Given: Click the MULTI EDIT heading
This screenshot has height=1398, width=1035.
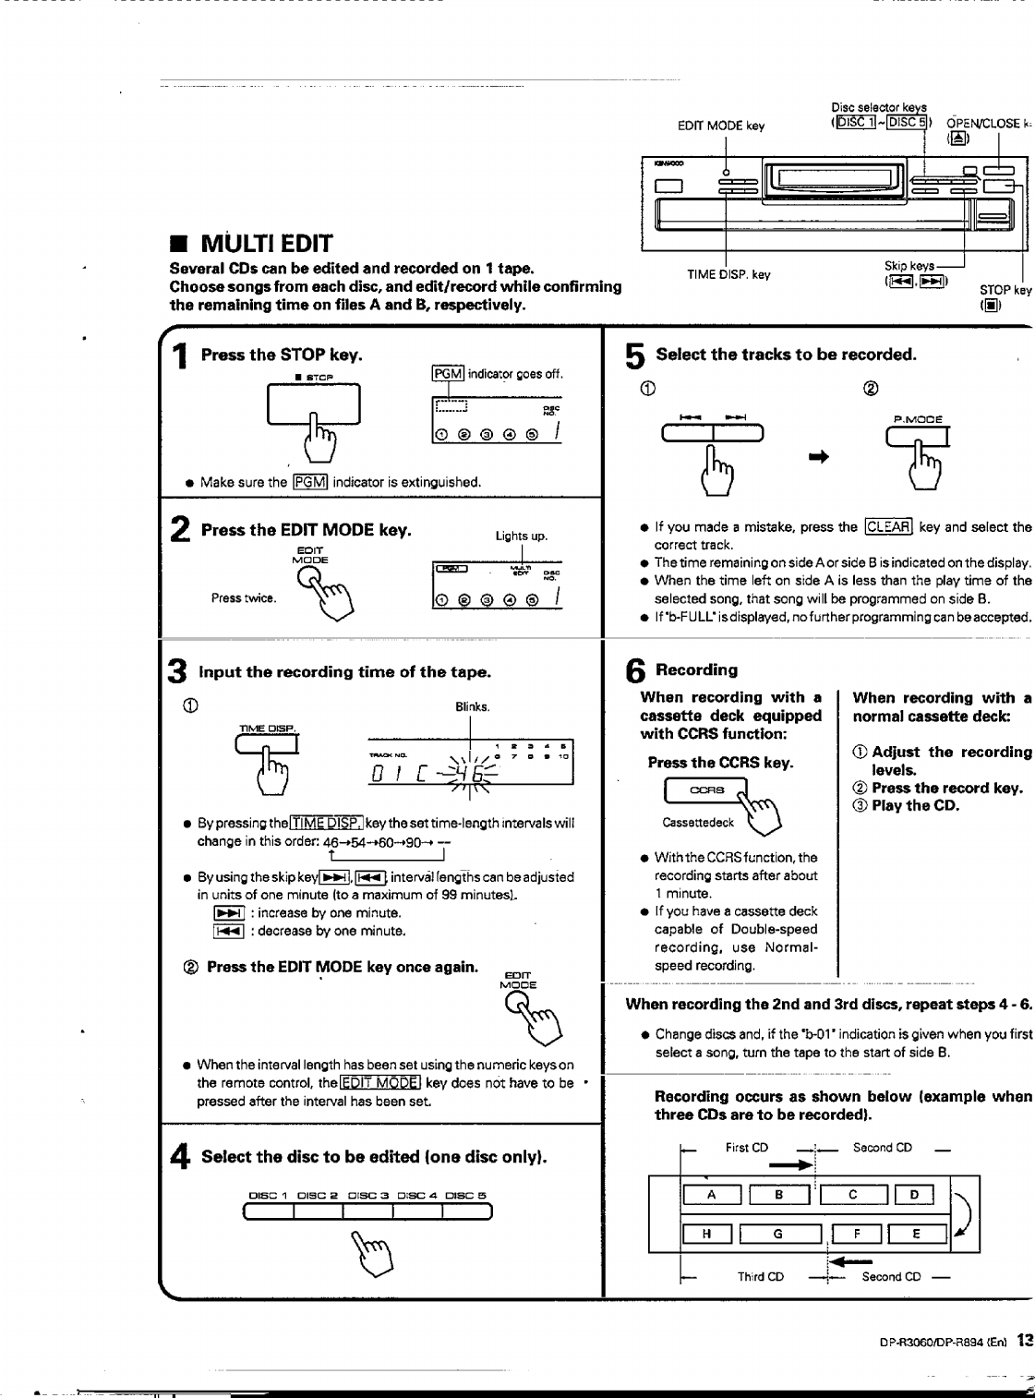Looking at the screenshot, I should pos(266,245).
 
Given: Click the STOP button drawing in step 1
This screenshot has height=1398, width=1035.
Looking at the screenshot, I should pos(313,404).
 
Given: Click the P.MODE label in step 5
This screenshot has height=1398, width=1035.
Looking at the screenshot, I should pos(917,418).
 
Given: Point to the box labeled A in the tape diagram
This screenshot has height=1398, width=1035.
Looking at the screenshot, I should pos(711,1195).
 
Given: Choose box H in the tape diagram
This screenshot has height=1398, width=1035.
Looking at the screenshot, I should pos(706,1233).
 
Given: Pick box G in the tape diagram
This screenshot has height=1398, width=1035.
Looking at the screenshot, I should pos(778,1233).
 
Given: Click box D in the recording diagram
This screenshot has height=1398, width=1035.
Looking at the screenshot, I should pos(914,1195).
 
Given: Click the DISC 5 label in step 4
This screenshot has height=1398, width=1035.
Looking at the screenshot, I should pos(465,1196).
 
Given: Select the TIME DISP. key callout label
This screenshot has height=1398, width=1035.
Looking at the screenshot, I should pos(728,274).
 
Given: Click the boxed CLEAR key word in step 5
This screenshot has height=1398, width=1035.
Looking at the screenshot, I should pos(889,527).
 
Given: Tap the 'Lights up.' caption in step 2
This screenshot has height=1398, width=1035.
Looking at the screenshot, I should pos(522,536).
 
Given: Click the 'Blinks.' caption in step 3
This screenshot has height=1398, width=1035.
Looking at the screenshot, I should pos(472,707).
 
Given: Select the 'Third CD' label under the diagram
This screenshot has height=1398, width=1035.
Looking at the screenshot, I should pos(760,1277).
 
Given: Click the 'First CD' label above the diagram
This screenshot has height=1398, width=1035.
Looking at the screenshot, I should pos(746,1148).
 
